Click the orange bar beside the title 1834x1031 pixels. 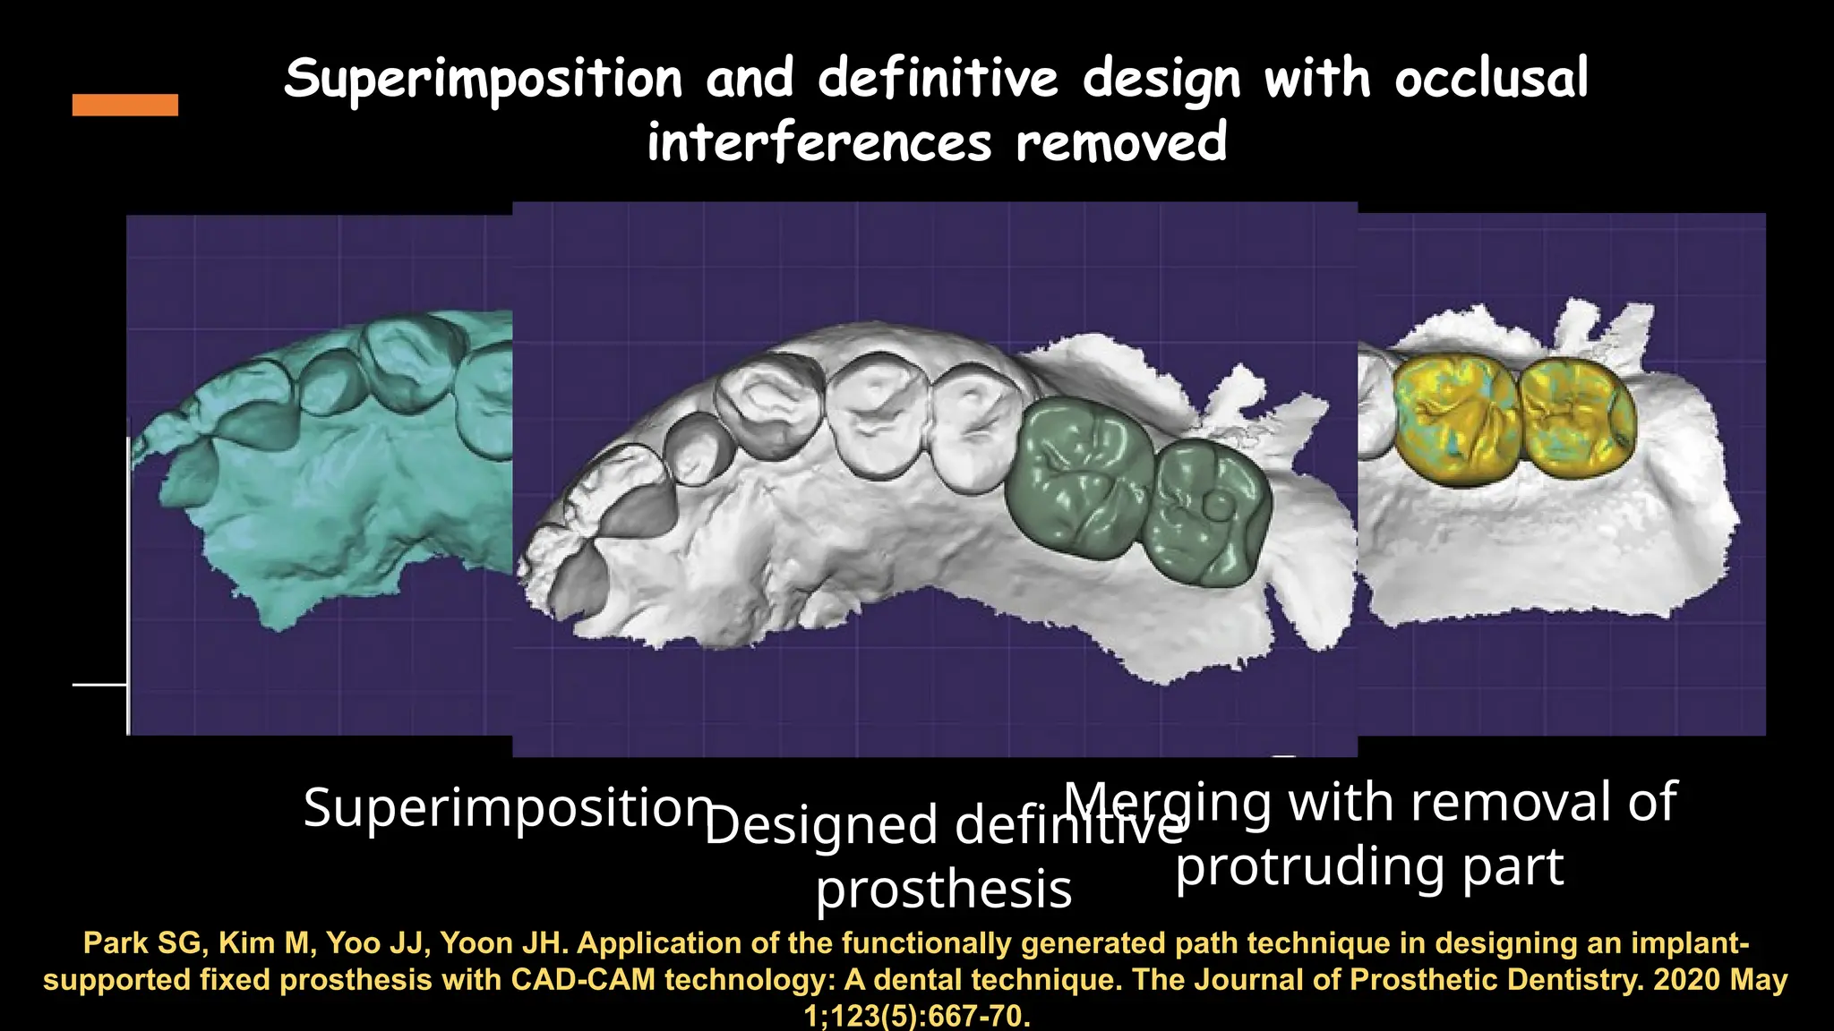(x=124, y=105)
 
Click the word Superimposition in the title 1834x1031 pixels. (x=484, y=79)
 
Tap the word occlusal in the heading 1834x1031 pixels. (x=1491, y=79)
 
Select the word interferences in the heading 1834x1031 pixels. (x=819, y=143)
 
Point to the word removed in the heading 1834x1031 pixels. (x=1121, y=143)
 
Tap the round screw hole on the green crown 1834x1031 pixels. (x=1219, y=507)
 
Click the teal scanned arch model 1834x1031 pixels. (x=331, y=474)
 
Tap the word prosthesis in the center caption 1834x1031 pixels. (x=944, y=890)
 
